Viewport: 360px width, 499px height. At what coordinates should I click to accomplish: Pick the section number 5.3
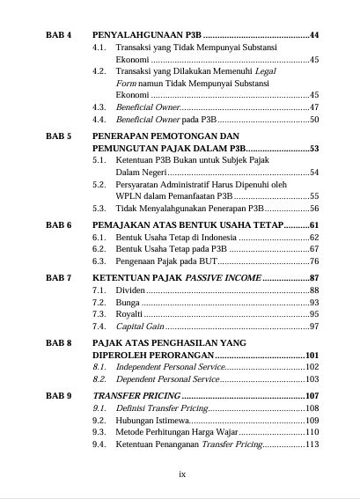point(99,209)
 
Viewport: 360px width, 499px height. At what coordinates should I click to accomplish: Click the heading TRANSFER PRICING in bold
point(132,396)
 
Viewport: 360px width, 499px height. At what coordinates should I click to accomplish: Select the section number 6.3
point(99,261)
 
